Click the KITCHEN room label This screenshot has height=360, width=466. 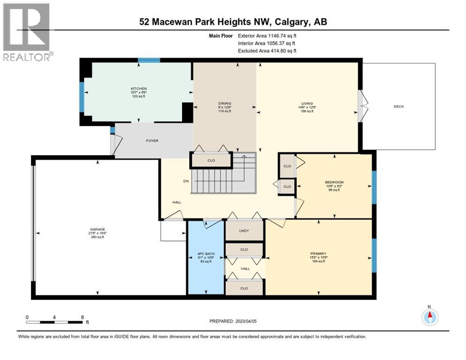pyautogui.click(x=139, y=89)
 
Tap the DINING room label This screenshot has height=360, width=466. pyautogui.click(x=225, y=104)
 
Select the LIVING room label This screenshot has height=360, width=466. pyautogui.click(x=307, y=104)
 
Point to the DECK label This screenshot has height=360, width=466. pyautogui.click(x=398, y=106)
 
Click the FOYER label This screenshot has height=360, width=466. pyautogui.click(x=152, y=141)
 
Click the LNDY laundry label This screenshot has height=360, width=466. pyautogui.click(x=244, y=230)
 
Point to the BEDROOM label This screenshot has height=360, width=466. pyautogui.click(x=334, y=182)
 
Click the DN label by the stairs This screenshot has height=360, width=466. pyautogui.click(x=186, y=181)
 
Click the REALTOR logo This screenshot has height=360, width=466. pyautogui.click(x=27, y=31)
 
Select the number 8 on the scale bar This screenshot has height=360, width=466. pyautogui.click(x=83, y=317)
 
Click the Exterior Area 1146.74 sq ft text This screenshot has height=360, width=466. pyautogui.click(x=267, y=35)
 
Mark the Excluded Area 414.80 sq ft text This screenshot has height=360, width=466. pyautogui.click(x=267, y=51)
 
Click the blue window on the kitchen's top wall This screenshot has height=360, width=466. pyautogui.click(x=149, y=60)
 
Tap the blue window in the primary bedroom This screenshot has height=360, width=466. pyautogui.click(x=374, y=255)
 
